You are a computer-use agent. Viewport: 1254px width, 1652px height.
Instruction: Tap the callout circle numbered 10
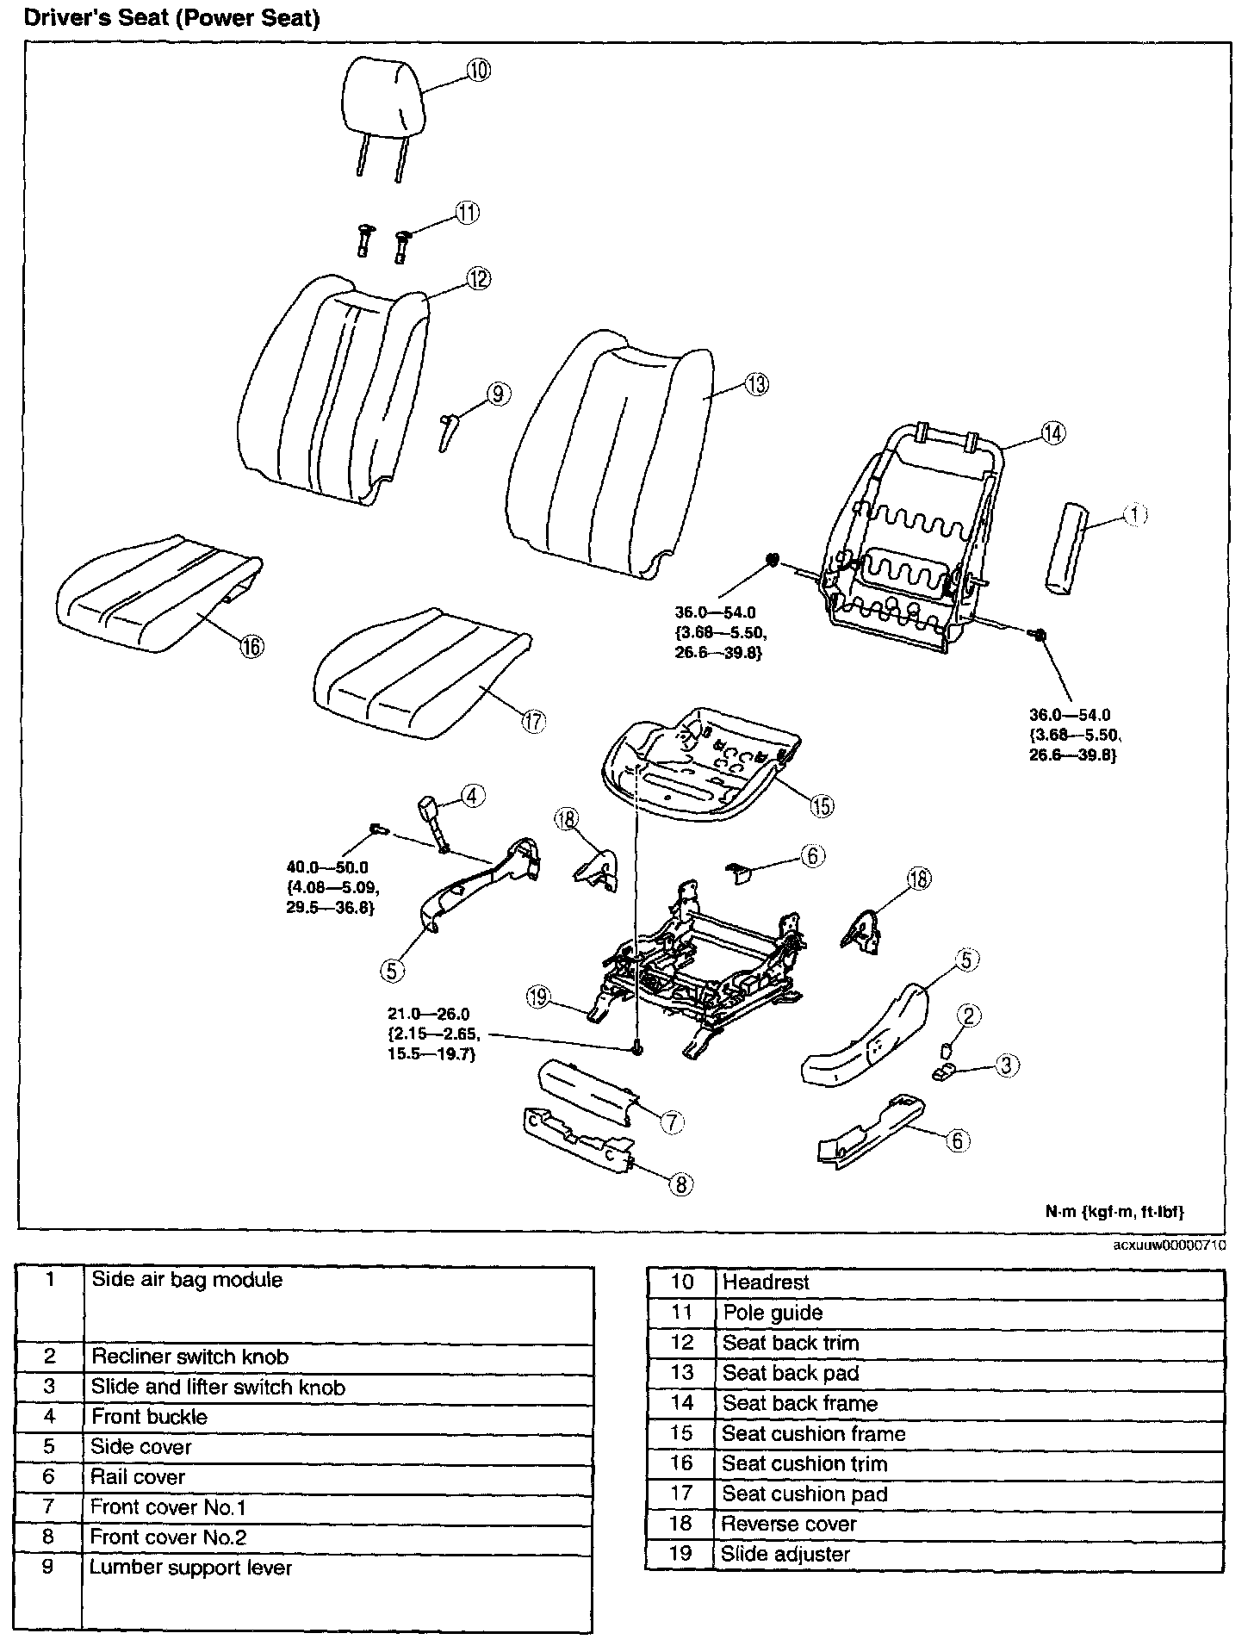(478, 70)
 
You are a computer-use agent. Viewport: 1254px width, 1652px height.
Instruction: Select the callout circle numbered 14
(1052, 433)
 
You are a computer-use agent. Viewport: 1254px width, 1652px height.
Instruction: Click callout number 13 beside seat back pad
(755, 384)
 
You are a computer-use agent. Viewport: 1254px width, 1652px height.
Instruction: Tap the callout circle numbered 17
(534, 722)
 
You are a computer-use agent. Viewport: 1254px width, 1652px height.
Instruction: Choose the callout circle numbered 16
(251, 646)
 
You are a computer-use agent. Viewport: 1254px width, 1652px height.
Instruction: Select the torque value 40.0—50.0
(326, 868)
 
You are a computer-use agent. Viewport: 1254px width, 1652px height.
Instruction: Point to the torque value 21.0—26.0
(428, 1014)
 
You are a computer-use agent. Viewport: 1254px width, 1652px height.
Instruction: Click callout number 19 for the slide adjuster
(538, 997)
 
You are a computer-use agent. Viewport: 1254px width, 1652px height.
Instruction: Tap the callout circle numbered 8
(680, 1184)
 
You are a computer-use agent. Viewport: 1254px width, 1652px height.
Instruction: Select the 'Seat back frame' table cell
(800, 1403)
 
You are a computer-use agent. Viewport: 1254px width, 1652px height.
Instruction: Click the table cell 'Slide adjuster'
(785, 1554)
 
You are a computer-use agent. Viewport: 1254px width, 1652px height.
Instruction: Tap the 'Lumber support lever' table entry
(191, 1567)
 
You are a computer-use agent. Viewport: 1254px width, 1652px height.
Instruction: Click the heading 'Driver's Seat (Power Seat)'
(172, 19)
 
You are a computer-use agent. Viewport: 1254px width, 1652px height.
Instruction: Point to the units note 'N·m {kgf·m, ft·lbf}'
(1114, 1212)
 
